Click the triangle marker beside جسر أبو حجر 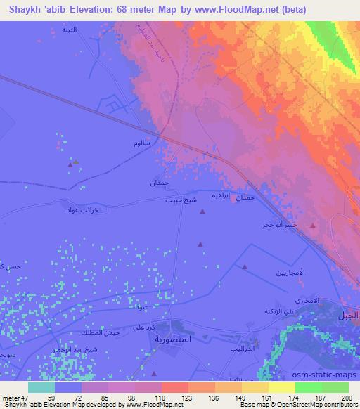[x=313, y=226]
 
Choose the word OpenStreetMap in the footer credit [x=316, y=405]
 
